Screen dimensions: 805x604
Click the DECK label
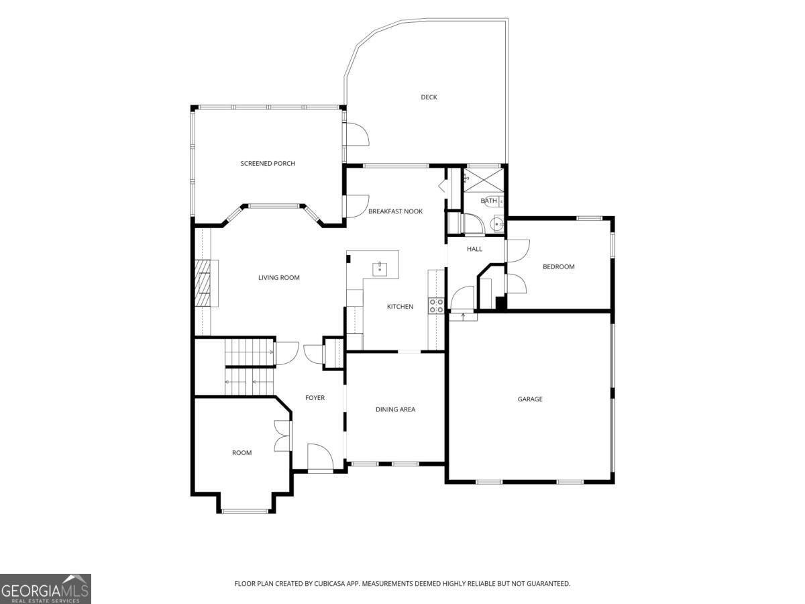(429, 97)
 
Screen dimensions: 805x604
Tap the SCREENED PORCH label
(268, 164)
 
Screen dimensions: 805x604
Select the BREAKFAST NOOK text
(395, 211)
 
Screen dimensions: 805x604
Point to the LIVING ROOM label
(278, 278)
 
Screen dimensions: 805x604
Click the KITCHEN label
(400, 307)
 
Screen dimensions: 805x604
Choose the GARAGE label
(530, 399)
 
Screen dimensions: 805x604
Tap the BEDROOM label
(559, 266)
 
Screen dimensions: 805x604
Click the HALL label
(474, 249)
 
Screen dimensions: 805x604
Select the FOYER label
(315, 397)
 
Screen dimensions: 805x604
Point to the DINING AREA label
(395, 409)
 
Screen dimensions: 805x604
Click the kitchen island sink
(380, 269)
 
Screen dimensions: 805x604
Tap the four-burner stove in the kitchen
(437, 306)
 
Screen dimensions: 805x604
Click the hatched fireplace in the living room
(203, 283)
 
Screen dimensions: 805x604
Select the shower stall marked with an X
(484, 180)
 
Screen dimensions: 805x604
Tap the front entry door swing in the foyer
(320, 456)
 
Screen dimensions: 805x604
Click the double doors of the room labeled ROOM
(283, 436)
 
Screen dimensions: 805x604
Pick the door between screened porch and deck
(356, 134)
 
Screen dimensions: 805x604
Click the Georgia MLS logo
(46, 589)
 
